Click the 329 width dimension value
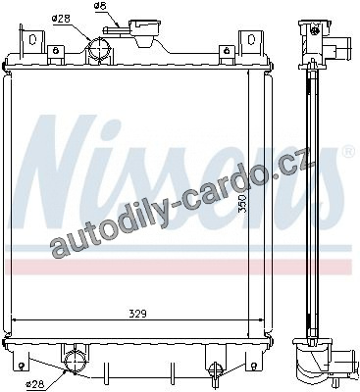coord(136,314)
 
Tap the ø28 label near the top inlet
coord(62,18)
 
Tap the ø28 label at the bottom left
coord(35,384)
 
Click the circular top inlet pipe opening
coord(99,49)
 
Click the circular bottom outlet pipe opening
coord(76,362)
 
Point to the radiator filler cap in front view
coord(145,31)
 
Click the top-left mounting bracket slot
coord(32,39)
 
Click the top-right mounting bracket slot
coord(251,39)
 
